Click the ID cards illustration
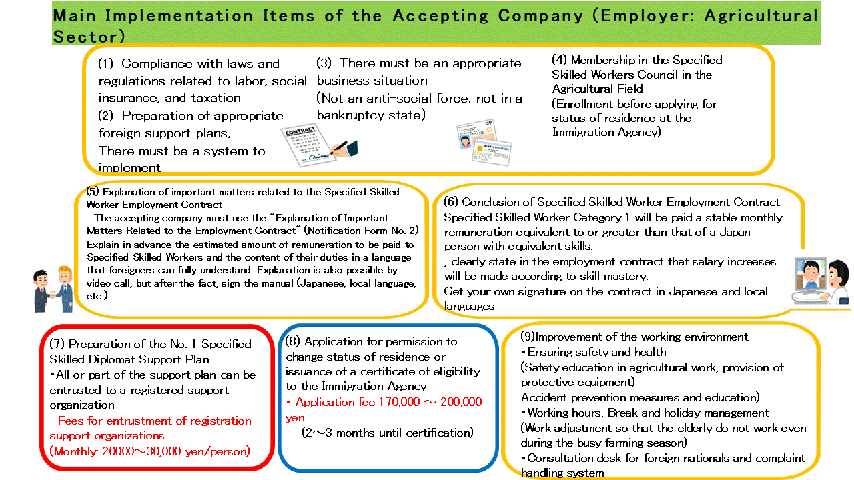pyautogui.click(x=484, y=143)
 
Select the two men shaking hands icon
pyautogui.click(x=51, y=287)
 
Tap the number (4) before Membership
pyautogui.click(x=560, y=60)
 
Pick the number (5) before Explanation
pyautogui.click(x=93, y=191)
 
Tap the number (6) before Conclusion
pyautogui.click(x=452, y=202)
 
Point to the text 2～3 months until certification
pyautogui.click(x=387, y=433)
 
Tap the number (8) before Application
pyautogui.click(x=293, y=341)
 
